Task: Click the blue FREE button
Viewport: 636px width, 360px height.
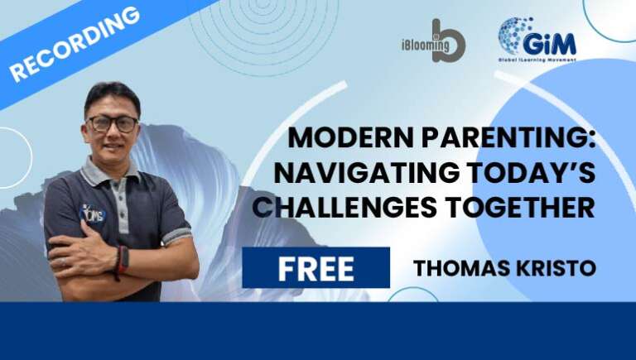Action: [316, 268]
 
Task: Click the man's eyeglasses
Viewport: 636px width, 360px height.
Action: [113, 123]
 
